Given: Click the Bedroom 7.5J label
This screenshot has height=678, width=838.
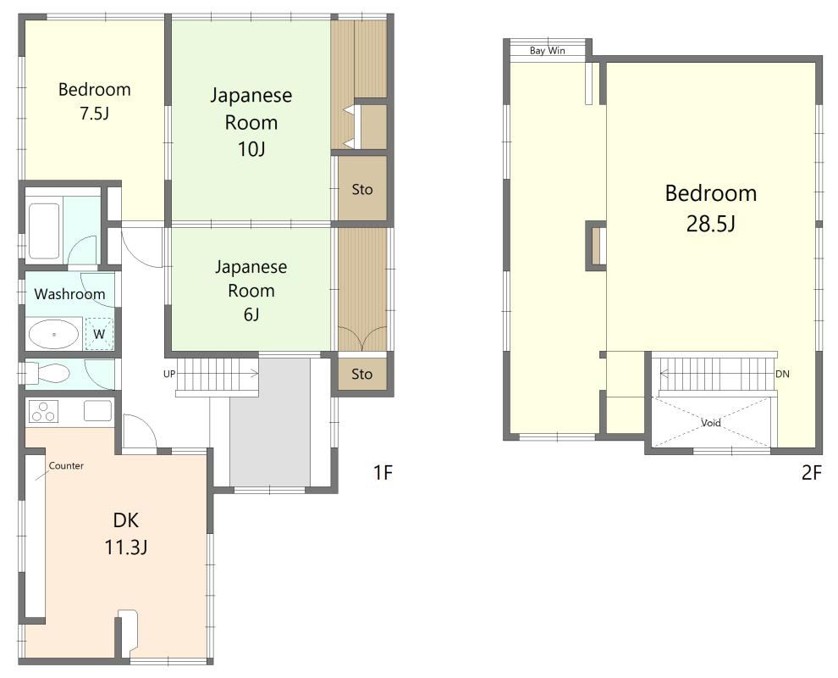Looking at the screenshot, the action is pyautogui.click(x=95, y=101).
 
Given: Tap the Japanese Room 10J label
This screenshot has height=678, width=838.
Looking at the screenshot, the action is pyautogui.click(x=251, y=122).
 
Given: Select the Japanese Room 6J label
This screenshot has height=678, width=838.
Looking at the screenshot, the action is pyautogui.click(x=251, y=290).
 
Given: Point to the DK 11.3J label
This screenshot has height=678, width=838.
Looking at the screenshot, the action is pyautogui.click(x=126, y=534).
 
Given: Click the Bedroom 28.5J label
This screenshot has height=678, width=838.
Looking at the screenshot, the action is pyautogui.click(x=711, y=208).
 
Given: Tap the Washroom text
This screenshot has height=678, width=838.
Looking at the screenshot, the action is pyautogui.click(x=69, y=294).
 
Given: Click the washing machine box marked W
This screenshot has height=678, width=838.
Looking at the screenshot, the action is pyautogui.click(x=99, y=334).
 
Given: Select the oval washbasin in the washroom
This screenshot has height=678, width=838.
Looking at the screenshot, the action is pyautogui.click(x=54, y=335).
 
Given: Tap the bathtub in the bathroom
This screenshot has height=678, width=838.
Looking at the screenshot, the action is pyautogui.click(x=44, y=231).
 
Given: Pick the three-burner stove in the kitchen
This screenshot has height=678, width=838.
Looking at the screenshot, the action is pyautogui.click(x=44, y=412).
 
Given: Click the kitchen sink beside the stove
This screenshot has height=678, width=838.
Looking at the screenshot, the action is pyautogui.click(x=98, y=411).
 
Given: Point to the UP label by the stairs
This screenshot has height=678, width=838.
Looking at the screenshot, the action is pyautogui.click(x=169, y=374).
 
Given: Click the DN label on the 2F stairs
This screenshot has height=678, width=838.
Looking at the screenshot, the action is pyautogui.click(x=782, y=374).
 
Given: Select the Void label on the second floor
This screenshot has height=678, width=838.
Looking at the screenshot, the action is pyautogui.click(x=711, y=423).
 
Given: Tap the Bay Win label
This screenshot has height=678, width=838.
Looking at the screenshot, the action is pyautogui.click(x=548, y=51).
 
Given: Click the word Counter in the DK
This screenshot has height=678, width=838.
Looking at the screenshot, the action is pyautogui.click(x=66, y=465).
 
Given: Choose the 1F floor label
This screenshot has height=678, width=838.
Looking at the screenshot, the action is pyautogui.click(x=383, y=473).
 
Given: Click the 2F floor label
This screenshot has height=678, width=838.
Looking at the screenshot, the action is pyautogui.click(x=811, y=473).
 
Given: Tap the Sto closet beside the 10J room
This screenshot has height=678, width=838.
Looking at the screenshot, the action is pyautogui.click(x=362, y=189).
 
